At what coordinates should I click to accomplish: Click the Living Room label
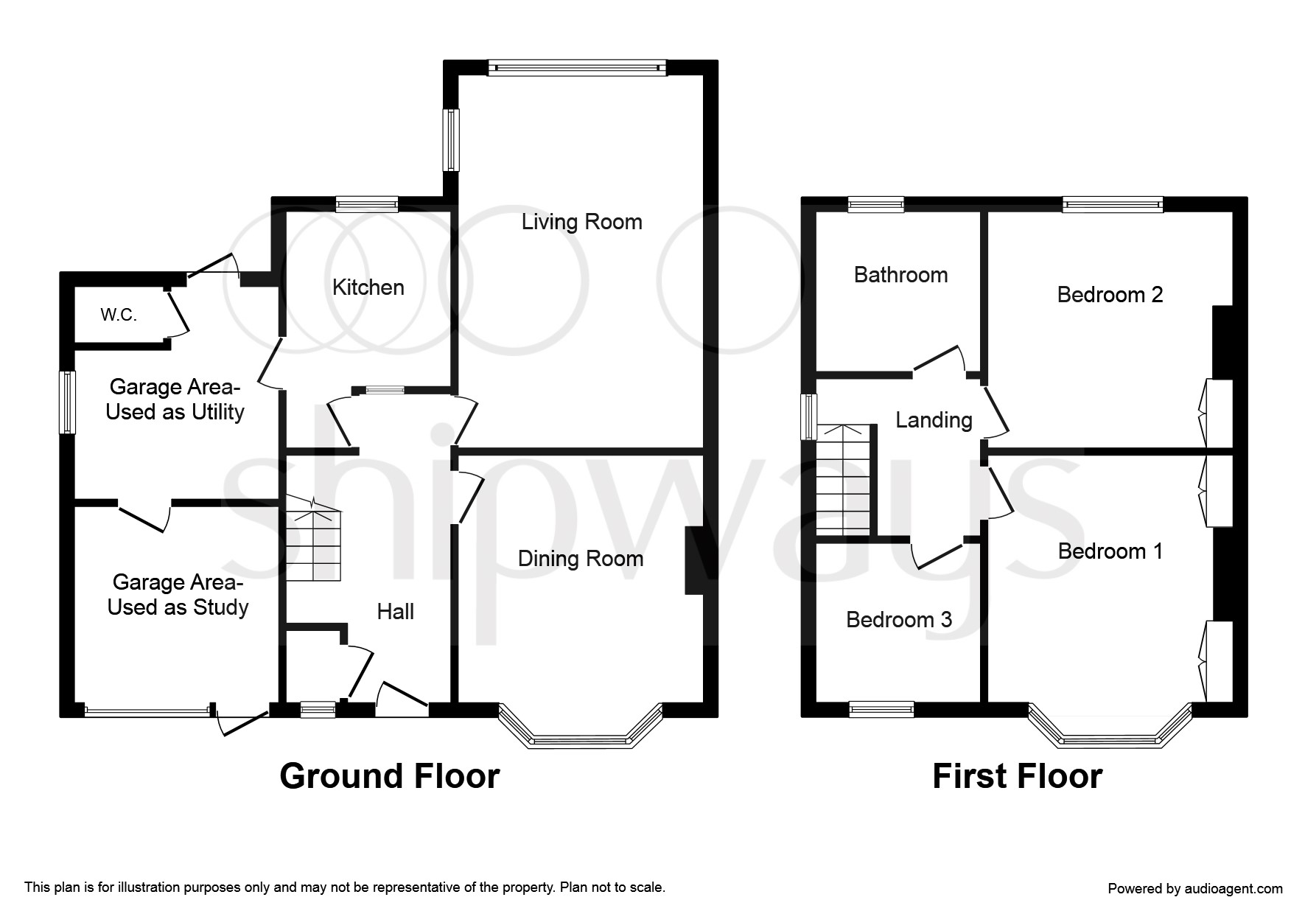pos(581,222)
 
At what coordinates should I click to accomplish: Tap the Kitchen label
pos(368,287)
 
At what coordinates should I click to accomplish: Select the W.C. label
pos(119,315)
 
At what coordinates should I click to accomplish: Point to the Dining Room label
pos(580,559)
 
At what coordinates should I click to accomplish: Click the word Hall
pos(395,611)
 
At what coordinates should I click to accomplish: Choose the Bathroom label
pos(900,275)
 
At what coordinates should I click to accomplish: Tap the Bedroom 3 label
pos(899,619)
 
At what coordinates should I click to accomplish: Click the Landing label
pos(934,420)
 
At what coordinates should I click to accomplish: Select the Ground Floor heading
pos(389,776)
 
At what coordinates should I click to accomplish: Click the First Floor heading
pos(1017,776)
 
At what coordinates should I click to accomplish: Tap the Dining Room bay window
pos(581,732)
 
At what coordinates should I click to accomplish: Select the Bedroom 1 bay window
pos(1110,732)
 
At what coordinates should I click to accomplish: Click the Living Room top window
pos(578,68)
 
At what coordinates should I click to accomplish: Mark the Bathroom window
pos(875,205)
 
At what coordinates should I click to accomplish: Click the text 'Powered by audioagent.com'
pos(1195,889)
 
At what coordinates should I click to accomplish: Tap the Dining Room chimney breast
pos(694,560)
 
